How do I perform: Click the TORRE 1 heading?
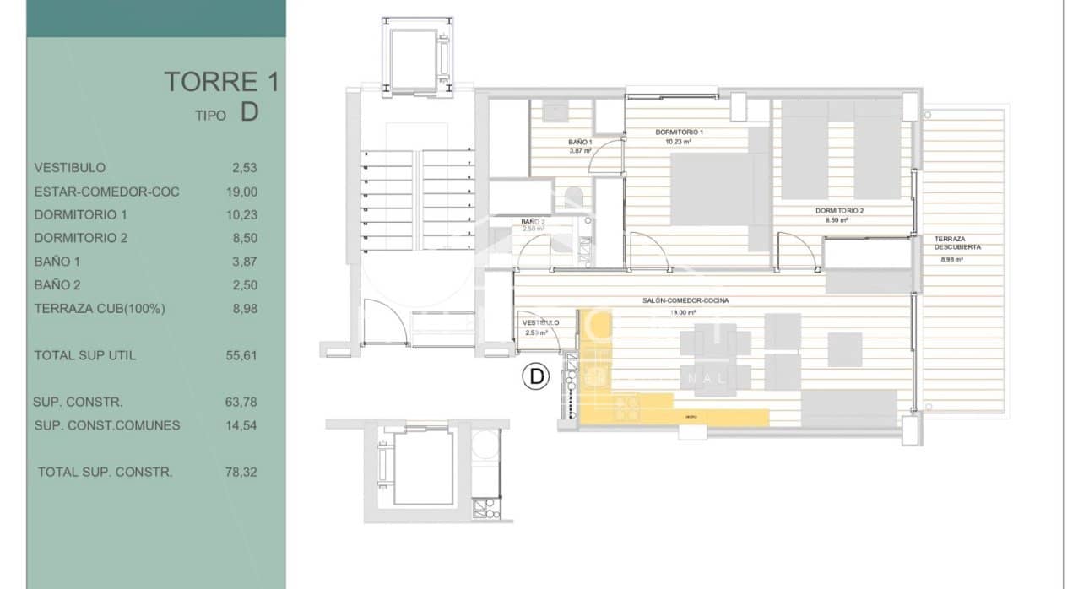tap(220, 82)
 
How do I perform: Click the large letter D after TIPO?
tap(249, 113)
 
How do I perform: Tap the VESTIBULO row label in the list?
tap(70, 168)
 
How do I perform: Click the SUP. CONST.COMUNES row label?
tap(107, 425)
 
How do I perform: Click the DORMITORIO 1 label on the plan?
tap(680, 132)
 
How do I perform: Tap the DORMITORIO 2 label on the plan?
tap(839, 210)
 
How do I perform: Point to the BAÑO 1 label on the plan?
tap(580, 142)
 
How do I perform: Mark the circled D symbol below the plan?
tap(535, 376)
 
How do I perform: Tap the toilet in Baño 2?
tap(573, 199)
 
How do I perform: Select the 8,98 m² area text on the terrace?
tap(952, 260)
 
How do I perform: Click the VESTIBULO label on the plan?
tap(540, 322)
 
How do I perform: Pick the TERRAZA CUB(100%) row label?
tap(100, 309)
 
